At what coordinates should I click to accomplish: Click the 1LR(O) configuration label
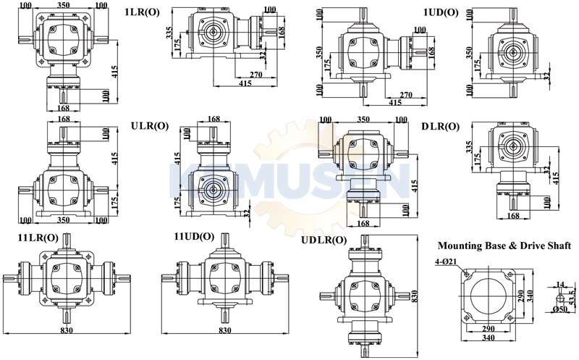[143, 12]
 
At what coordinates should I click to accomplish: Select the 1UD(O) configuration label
[441, 12]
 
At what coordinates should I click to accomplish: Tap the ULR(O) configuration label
[150, 126]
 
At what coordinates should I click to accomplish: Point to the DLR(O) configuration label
[441, 127]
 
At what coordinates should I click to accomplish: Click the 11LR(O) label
[38, 238]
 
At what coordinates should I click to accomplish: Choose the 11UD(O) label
[194, 236]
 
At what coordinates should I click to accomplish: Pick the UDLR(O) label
[324, 240]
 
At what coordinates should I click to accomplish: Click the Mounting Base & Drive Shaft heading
[504, 246]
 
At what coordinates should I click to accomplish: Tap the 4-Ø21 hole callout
[446, 261]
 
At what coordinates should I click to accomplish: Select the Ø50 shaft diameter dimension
[560, 309]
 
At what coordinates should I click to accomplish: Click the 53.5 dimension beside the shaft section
[572, 296]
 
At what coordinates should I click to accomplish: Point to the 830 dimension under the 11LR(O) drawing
[67, 330]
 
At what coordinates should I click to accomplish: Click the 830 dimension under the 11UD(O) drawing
[225, 330]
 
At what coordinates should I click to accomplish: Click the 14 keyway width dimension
[559, 284]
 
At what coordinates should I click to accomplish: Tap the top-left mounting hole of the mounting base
[467, 275]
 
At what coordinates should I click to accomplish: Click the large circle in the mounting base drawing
[490, 295]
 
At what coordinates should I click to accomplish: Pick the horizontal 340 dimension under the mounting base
[489, 337]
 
